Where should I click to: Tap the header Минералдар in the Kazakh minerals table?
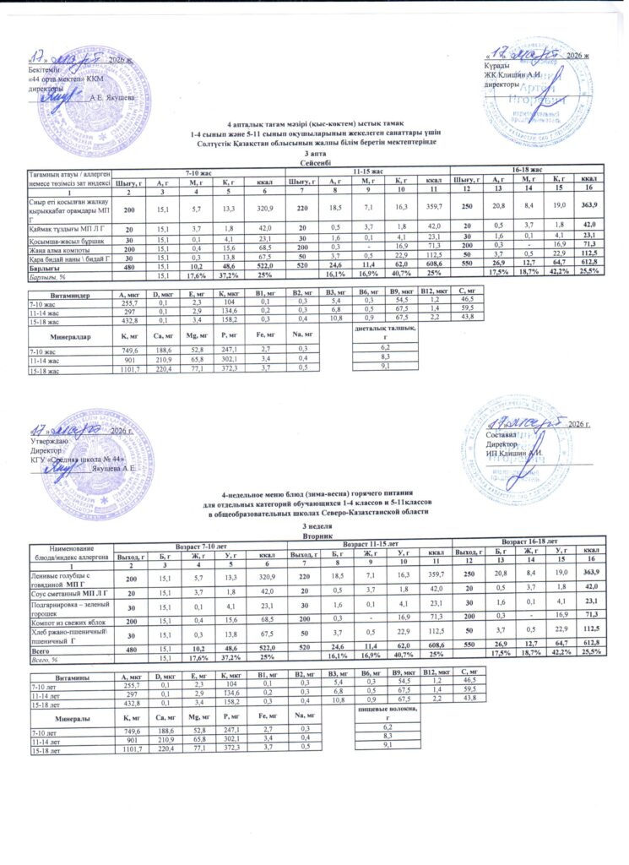(x=71, y=336)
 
